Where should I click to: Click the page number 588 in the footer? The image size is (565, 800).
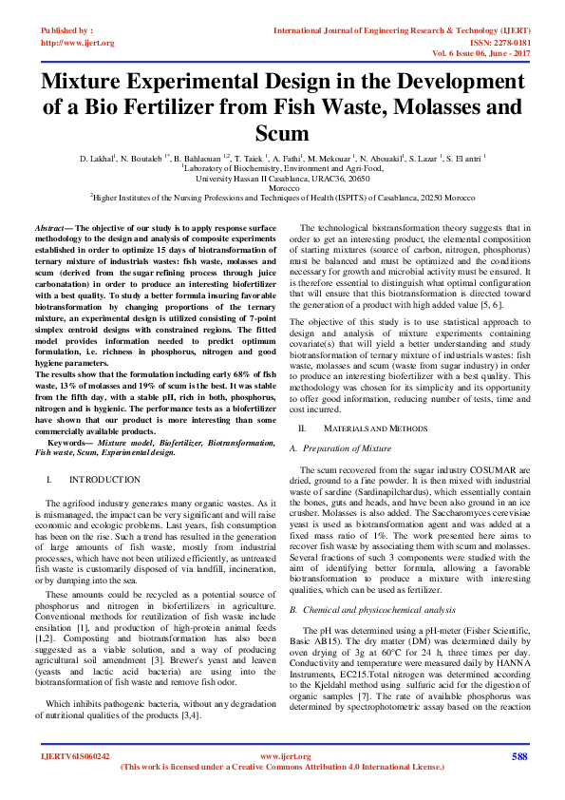(x=518, y=756)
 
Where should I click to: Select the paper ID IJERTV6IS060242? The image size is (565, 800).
(x=75, y=757)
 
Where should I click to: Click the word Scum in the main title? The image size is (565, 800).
(x=282, y=132)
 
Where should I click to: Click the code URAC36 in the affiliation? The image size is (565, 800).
(x=309, y=178)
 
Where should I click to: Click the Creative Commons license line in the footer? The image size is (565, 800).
(x=282, y=766)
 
